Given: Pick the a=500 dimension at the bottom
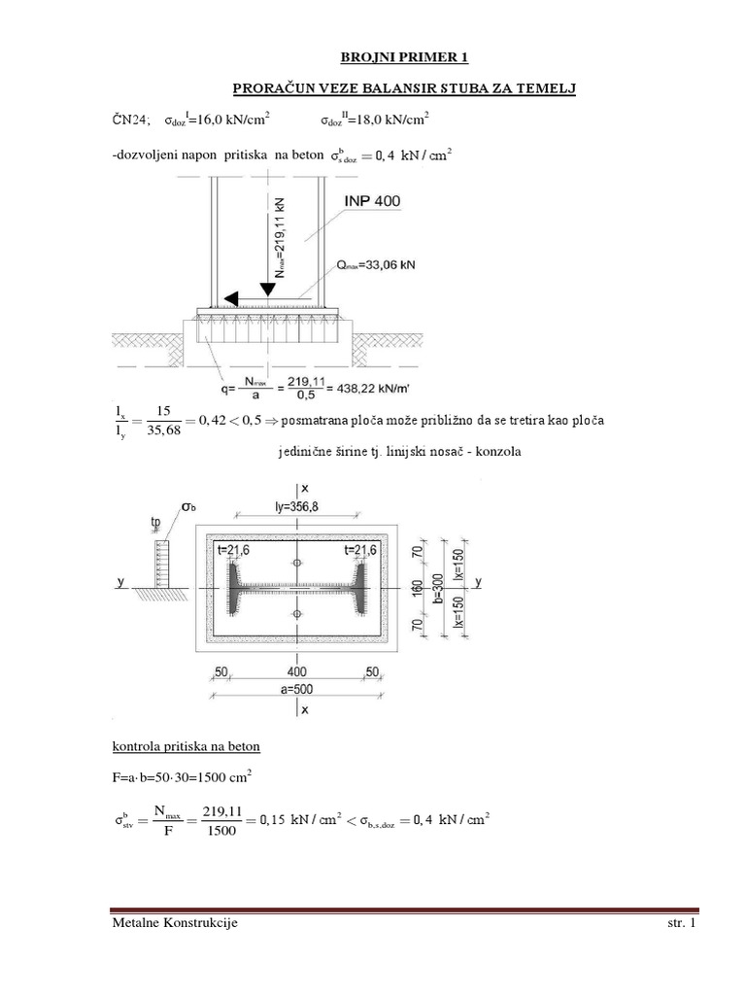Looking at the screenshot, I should (298, 689).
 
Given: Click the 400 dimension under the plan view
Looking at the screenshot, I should (298, 670).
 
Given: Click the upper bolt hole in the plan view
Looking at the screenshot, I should (297, 564).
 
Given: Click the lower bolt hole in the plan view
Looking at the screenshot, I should (297, 614).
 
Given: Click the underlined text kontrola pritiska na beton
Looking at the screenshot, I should (184, 746).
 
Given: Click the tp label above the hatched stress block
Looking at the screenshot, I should (155, 522).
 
